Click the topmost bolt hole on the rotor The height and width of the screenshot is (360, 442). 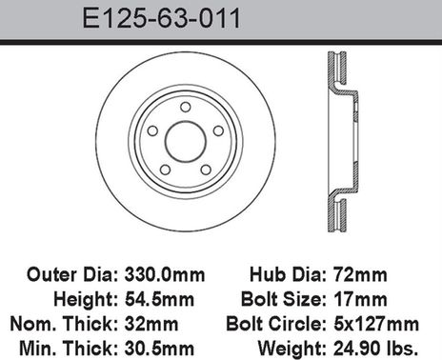coord(186,105)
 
